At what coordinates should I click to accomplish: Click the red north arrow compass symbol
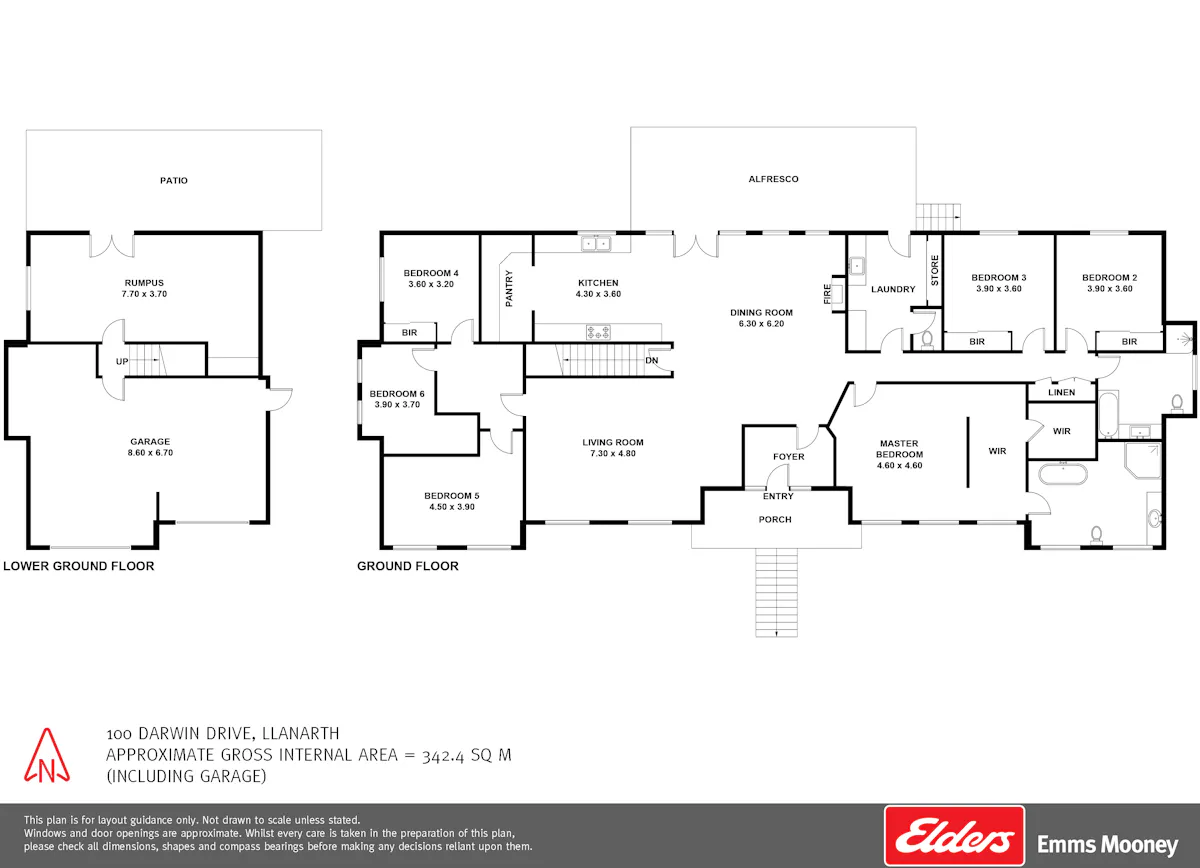click(x=47, y=755)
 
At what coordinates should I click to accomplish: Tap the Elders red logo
click(x=954, y=836)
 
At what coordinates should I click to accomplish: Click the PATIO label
click(x=174, y=181)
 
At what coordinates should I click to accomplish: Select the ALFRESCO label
click(x=773, y=179)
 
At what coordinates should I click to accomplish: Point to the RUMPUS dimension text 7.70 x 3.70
click(x=144, y=294)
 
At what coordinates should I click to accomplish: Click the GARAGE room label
click(x=150, y=442)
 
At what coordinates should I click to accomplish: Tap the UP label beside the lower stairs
click(x=122, y=362)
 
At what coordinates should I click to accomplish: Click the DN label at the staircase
click(x=651, y=361)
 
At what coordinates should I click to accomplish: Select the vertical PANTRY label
click(x=509, y=288)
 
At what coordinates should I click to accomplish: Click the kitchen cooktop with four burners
click(x=598, y=332)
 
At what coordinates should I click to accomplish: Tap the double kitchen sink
click(x=596, y=244)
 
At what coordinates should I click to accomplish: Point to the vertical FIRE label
click(x=827, y=294)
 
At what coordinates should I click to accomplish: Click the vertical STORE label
click(x=935, y=270)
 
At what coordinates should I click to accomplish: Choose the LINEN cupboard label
click(x=1061, y=392)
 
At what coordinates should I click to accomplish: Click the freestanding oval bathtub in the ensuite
click(x=1063, y=474)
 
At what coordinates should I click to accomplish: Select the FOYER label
click(x=789, y=457)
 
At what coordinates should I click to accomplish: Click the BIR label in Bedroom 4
click(x=409, y=333)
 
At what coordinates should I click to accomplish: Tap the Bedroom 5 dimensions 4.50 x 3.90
click(x=452, y=507)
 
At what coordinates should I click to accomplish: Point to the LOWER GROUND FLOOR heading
click(x=79, y=566)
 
